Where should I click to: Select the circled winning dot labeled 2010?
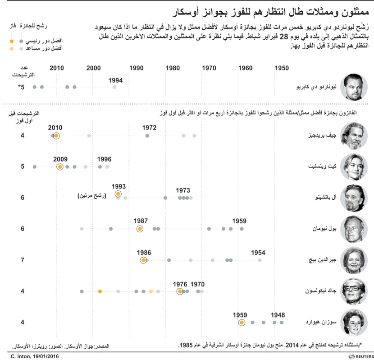56,136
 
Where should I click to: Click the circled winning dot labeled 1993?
118,194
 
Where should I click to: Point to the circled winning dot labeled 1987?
140,229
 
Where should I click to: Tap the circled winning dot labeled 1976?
180,291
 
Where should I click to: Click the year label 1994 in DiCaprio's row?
116,80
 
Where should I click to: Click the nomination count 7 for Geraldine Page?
22,260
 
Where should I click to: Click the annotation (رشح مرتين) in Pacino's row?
94,196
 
